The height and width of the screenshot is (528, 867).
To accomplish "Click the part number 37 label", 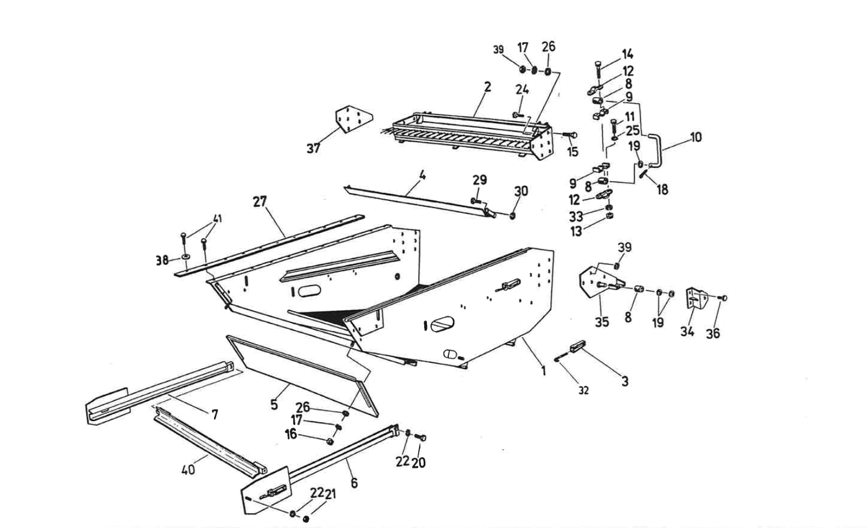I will point(313,148).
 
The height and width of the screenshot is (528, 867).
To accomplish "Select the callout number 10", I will point(695,137).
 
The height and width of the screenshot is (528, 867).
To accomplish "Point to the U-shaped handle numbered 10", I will point(657,148).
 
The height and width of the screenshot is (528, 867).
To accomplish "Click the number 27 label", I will point(260,201).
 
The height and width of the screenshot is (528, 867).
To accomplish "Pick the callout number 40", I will point(188,469).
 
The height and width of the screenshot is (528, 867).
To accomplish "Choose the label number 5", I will point(274,405).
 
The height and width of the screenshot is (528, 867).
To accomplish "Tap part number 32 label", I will point(583,390).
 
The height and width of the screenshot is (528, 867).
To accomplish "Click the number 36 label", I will point(712,333).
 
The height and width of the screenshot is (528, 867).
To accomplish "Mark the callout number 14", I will point(627,54).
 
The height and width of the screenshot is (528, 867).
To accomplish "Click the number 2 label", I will point(487,87).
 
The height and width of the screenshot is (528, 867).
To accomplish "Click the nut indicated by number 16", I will point(330,441).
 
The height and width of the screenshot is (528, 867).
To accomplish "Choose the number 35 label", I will point(602,321).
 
